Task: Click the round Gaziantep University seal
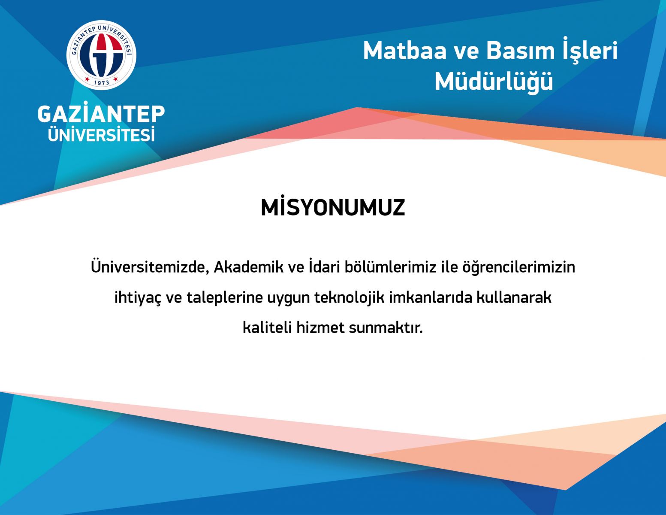(x=101, y=55)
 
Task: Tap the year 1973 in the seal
(x=102, y=82)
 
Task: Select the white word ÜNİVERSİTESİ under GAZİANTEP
(x=101, y=134)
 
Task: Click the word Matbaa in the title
(x=404, y=51)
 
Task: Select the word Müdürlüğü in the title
(x=494, y=81)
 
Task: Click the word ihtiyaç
(x=138, y=297)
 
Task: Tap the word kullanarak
(x=514, y=297)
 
